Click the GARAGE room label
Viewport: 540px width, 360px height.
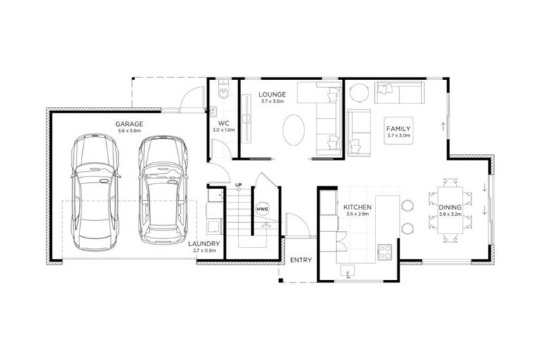tap(129, 124)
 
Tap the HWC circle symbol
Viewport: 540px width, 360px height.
tap(262, 210)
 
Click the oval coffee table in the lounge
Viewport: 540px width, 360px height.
tap(294, 130)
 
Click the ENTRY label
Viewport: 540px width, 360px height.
tap(300, 260)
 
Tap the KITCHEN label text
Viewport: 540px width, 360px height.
tap(356, 208)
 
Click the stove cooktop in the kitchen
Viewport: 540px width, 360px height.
tap(385, 251)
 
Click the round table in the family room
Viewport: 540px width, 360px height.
tap(359, 92)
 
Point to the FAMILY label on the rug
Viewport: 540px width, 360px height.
tap(398, 129)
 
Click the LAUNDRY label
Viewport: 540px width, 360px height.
tap(205, 244)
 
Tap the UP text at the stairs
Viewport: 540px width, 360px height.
tap(238, 186)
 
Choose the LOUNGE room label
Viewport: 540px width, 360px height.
tap(271, 94)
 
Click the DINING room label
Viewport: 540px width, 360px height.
tap(450, 207)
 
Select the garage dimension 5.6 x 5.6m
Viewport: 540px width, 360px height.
tap(129, 131)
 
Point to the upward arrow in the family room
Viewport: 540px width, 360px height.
tap(442, 127)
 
